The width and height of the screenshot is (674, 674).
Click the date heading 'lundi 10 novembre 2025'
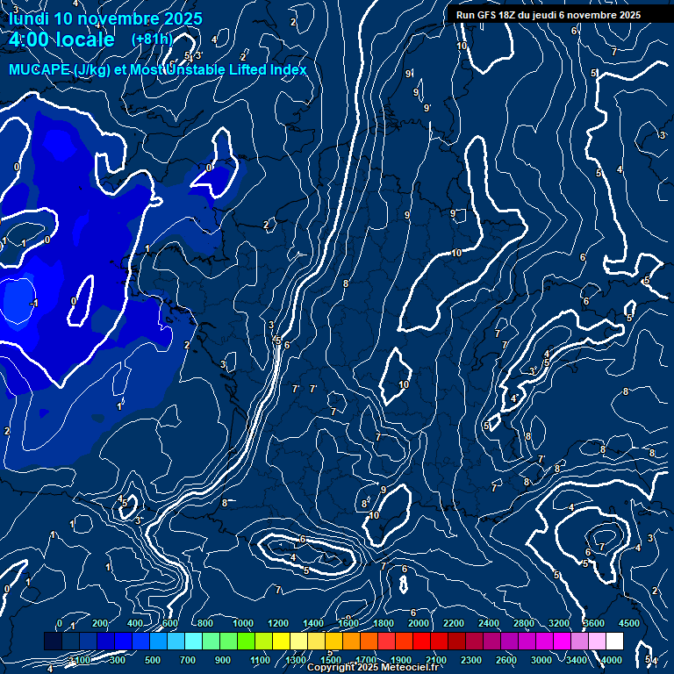(x=105, y=18)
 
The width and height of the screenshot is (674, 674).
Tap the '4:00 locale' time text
(x=61, y=39)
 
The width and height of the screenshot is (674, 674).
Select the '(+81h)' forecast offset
(x=152, y=39)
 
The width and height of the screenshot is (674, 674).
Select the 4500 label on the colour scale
(x=629, y=623)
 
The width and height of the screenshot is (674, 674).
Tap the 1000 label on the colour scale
(x=243, y=623)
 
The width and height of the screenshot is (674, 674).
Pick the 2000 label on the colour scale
(x=419, y=623)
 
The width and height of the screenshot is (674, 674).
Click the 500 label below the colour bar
(x=153, y=660)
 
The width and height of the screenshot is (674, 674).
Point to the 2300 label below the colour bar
(x=470, y=660)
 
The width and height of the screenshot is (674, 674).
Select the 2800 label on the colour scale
(x=524, y=623)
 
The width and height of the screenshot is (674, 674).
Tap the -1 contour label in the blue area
(x=35, y=303)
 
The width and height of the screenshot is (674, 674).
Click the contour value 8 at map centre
(x=346, y=283)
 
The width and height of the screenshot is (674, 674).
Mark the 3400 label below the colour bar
(x=577, y=660)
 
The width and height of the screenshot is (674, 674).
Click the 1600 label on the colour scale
(x=348, y=623)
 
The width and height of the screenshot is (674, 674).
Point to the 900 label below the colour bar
(x=223, y=660)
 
